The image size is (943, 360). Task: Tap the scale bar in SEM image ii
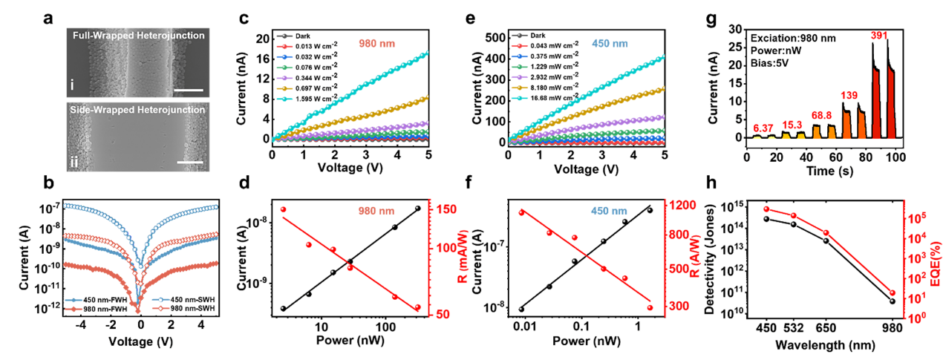tap(189, 160)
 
